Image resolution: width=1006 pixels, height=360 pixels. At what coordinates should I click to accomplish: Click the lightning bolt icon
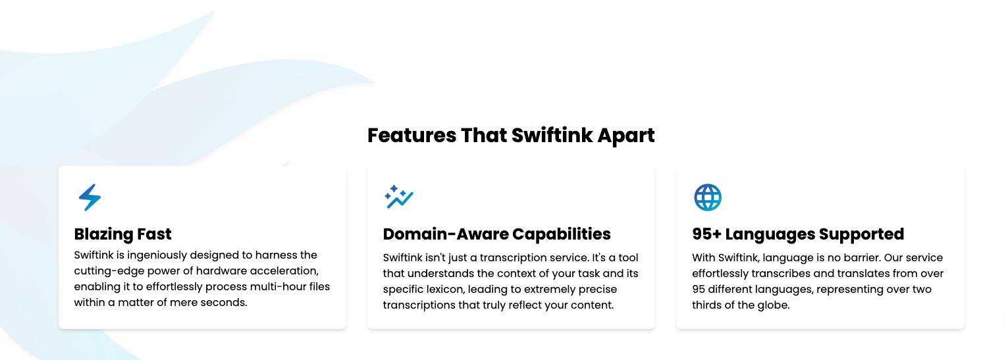coord(90,197)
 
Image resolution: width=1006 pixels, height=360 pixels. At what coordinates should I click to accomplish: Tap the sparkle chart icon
coord(398,197)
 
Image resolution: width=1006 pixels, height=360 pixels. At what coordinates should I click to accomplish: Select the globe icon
coord(708,197)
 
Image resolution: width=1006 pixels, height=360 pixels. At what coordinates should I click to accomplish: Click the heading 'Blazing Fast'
coord(122,234)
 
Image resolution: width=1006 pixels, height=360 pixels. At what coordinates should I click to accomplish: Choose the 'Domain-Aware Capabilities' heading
coord(496,234)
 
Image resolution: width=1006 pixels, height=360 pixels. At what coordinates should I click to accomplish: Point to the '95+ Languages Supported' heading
coord(798,234)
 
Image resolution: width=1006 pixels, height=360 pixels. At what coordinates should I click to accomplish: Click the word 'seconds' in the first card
coord(226,303)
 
